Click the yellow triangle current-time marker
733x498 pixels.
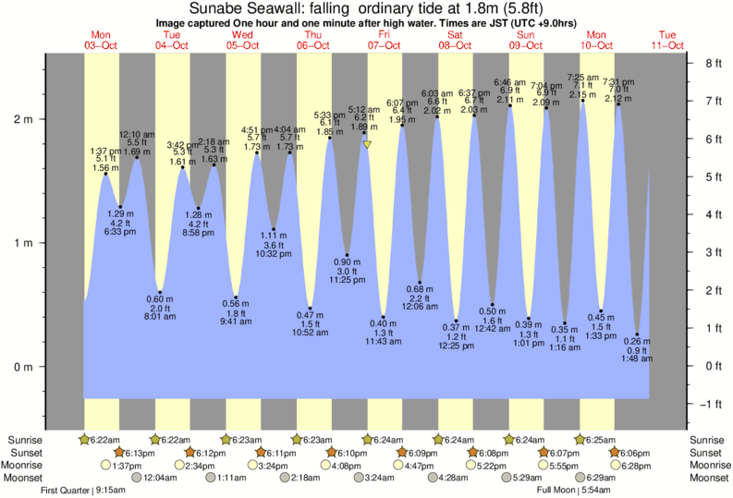pos(368,145)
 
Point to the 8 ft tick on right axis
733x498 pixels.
pos(713,64)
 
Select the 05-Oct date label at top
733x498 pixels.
pos(242,45)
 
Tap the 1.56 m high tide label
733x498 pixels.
pos(106,168)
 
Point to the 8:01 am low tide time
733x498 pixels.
pos(160,317)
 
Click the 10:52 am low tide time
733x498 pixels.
pos(311,333)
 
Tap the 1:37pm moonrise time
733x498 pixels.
pos(109,466)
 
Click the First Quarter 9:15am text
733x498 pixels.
pos(82,490)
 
